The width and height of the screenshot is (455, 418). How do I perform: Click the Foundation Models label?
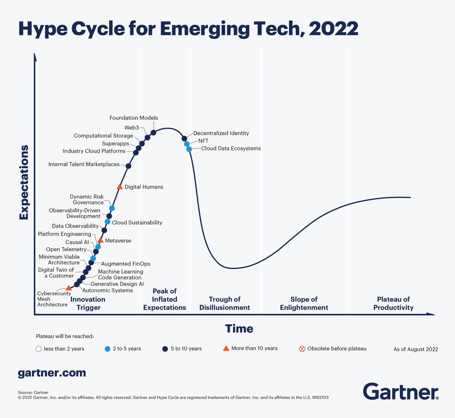pos(133,118)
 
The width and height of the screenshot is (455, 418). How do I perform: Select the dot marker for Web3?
pos(147,137)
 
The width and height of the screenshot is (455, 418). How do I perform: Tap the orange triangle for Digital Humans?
pos(120,187)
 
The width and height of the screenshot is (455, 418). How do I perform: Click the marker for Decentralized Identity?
pos(184,138)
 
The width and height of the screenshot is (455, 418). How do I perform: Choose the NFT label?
pos(203,141)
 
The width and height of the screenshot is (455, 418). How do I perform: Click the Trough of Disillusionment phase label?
pos(224,304)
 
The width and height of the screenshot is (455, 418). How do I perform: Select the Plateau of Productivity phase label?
pos(393,304)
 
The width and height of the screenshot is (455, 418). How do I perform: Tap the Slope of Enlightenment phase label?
pos(303,304)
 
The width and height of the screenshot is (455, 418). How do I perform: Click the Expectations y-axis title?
pos(24,182)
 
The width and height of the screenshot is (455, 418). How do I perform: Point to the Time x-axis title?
pos(239,328)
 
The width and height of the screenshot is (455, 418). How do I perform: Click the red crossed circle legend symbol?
pos(302,349)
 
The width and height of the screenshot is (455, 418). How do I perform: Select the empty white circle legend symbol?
pos(39,349)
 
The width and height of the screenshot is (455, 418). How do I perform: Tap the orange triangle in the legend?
pos(225,348)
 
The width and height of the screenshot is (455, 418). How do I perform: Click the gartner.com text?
pos(51,373)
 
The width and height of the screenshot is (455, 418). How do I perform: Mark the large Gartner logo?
pos(400,391)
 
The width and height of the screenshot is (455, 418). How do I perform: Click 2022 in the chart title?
pos(333,28)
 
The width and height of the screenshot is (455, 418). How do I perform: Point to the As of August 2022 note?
pos(415,349)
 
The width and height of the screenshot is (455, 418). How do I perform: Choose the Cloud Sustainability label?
pos(137,223)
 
